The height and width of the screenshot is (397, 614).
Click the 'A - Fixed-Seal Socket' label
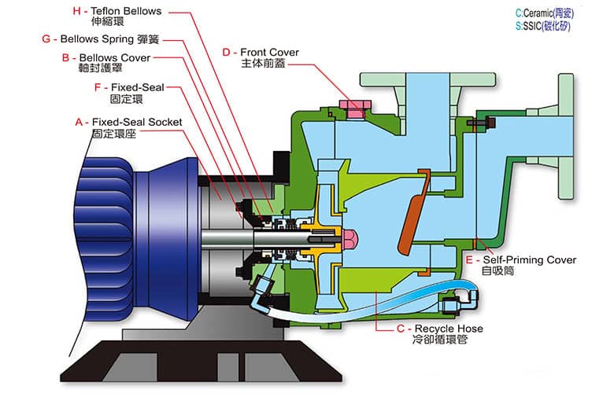pyautogui.click(x=127, y=123)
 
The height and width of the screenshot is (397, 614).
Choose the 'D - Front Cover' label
pyautogui.click(x=260, y=53)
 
